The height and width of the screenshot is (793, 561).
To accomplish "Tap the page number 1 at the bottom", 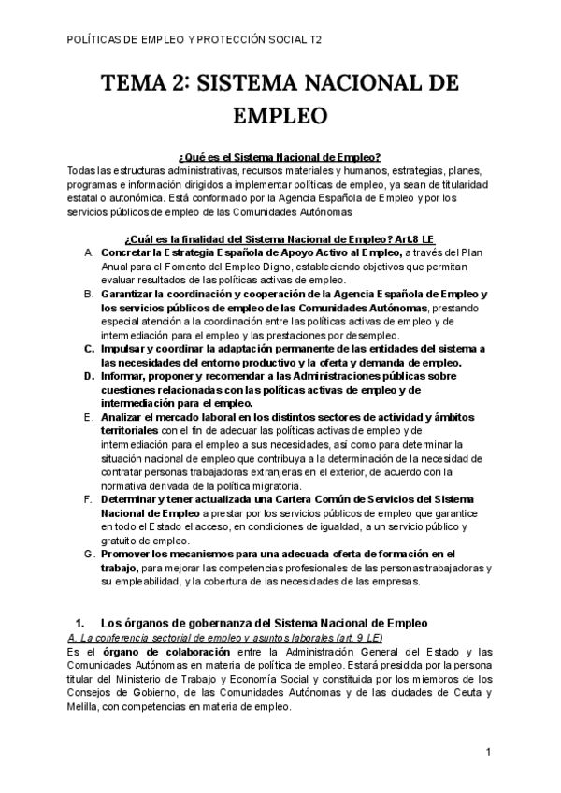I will pyautogui.click(x=489, y=752).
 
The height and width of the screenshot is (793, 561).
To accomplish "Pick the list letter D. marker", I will pyautogui.click(x=88, y=375).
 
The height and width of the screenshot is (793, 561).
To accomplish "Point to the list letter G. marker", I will pyautogui.click(x=88, y=554).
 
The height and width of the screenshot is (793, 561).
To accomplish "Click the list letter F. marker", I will pyautogui.click(x=88, y=500).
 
